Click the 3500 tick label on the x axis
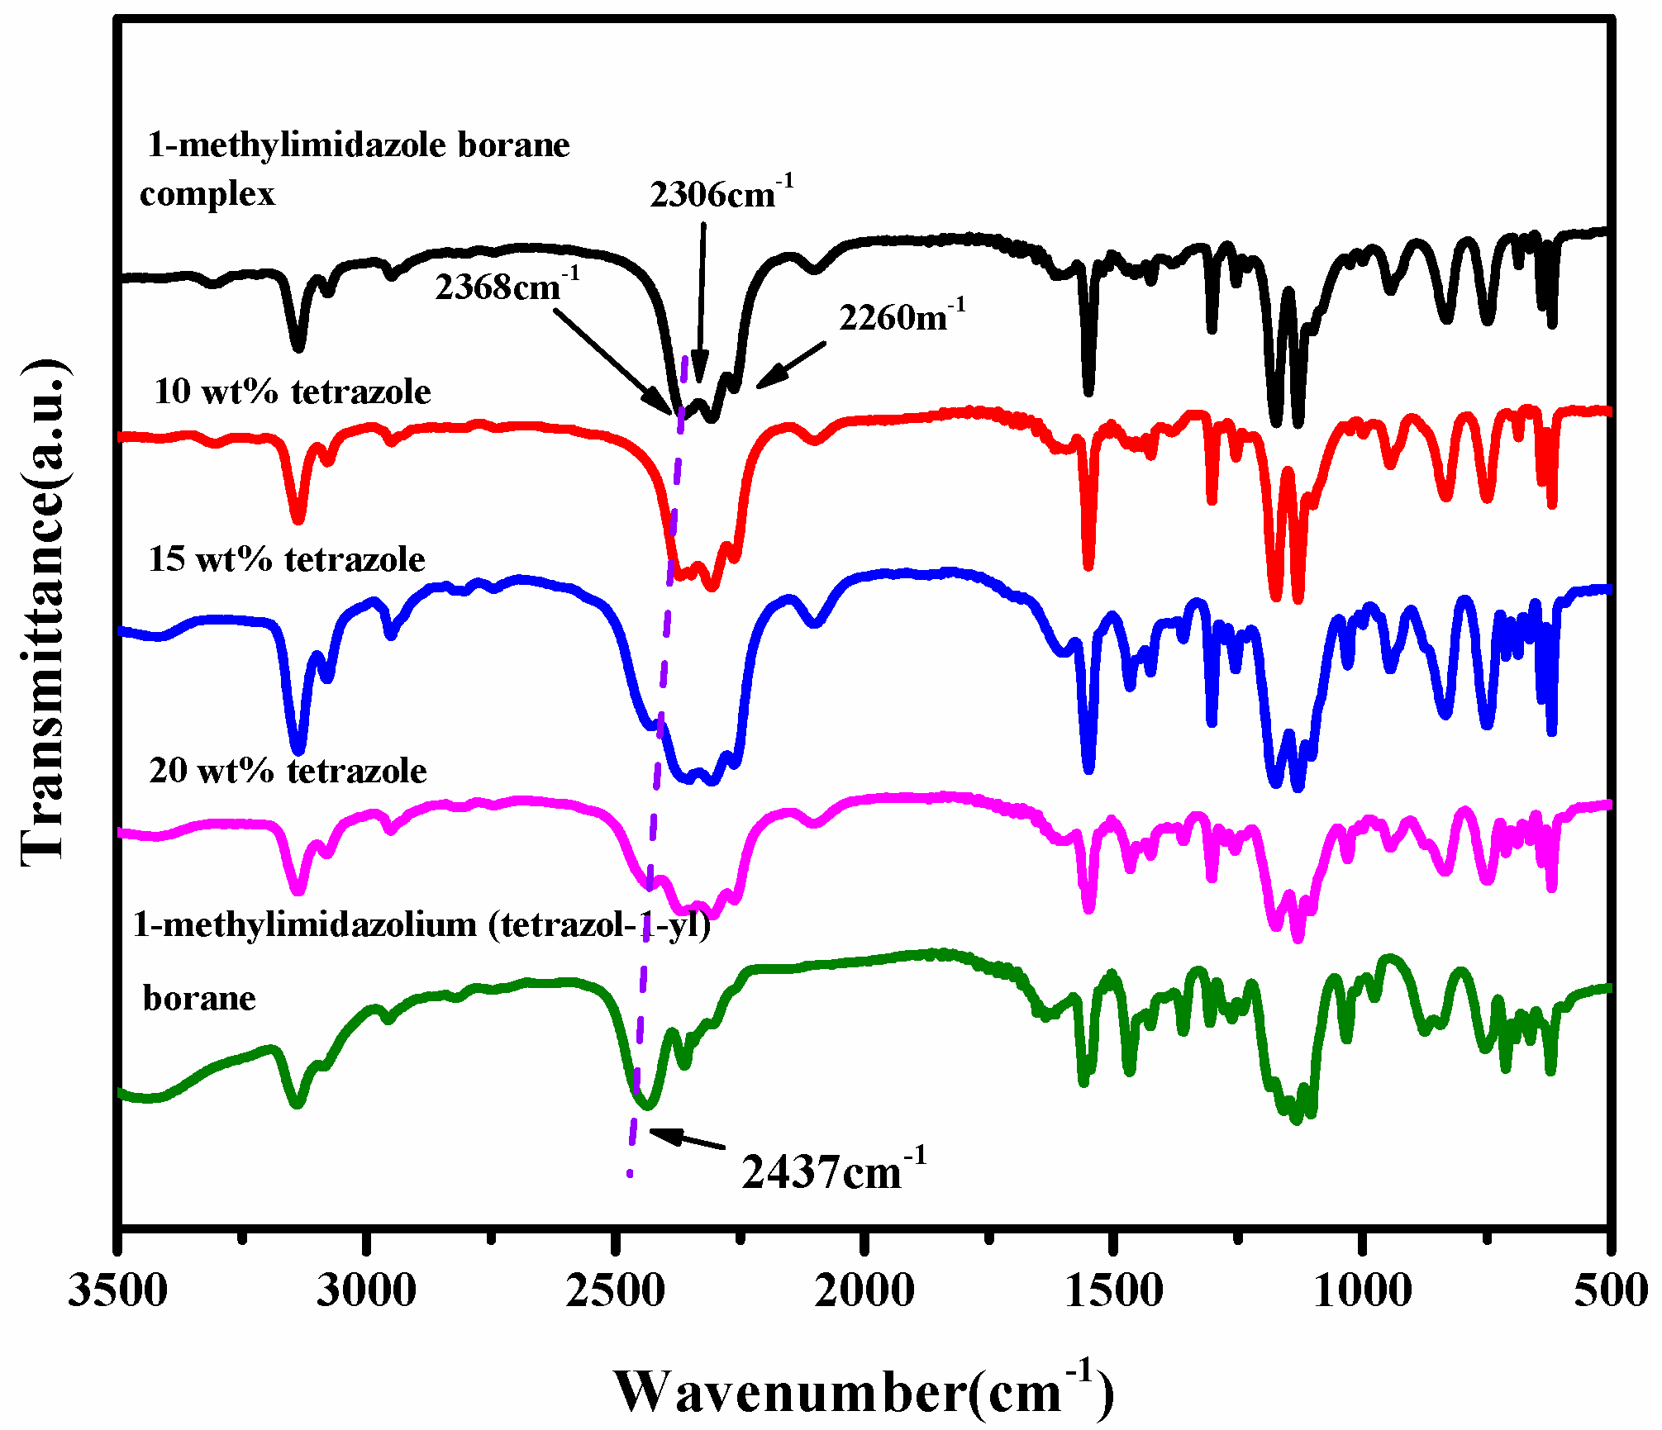(118, 1290)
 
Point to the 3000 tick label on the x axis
(366, 1290)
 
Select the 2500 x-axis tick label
(615, 1290)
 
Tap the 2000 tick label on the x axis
(864, 1290)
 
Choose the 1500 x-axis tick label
(1113, 1290)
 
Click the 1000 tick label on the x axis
(1362, 1290)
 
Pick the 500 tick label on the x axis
(1610, 1290)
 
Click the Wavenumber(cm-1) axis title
(864, 1390)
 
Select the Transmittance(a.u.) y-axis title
(43, 611)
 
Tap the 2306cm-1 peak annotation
(721, 193)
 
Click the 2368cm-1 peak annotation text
(507, 286)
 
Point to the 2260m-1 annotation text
(902, 316)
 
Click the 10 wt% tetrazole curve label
(292, 392)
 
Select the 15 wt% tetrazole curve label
(287, 559)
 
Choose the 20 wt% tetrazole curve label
(288, 771)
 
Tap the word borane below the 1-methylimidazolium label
(199, 998)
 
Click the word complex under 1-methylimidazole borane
(207, 194)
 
